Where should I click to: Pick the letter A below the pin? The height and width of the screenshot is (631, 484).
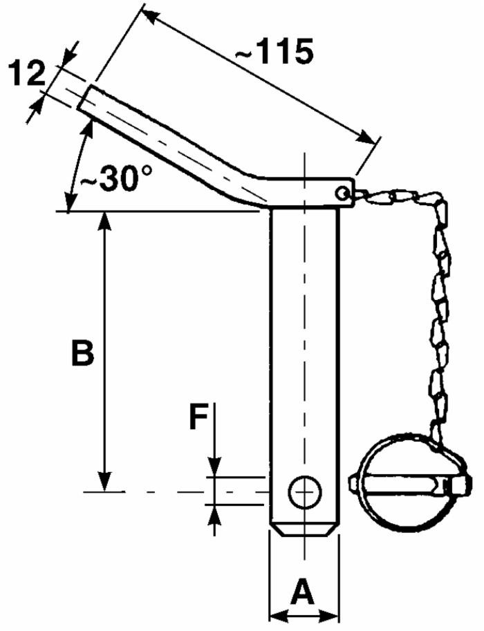click(304, 592)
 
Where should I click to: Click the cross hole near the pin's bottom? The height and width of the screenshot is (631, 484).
click(305, 491)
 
